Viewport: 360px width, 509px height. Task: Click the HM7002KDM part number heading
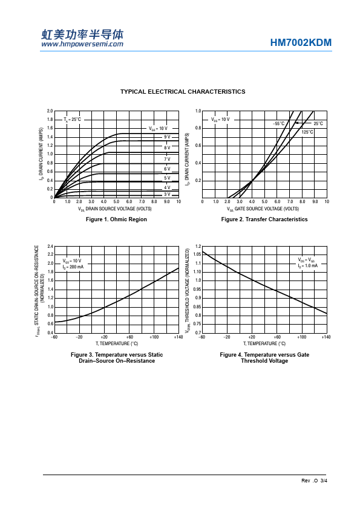pyautogui.click(x=301, y=42)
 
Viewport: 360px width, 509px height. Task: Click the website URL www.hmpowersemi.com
pyautogui.click(x=82, y=44)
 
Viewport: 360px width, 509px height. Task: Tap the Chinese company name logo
pyautogui.click(x=82, y=34)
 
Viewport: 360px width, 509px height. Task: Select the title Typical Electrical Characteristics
pyautogui.click(x=183, y=91)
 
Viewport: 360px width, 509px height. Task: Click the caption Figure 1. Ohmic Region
pyautogui.click(x=116, y=219)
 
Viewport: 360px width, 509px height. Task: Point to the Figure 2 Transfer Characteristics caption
pyautogui.click(x=264, y=219)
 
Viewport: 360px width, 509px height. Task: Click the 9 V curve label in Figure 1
pyautogui.click(x=167, y=137)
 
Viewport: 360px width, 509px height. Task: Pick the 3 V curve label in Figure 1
pyautogui.click(x=167, y=194)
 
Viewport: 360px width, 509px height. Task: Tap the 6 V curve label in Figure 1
pyautogui.click(x=167, y=169)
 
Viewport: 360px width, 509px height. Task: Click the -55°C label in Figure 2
pyautogui.click(x=279, y=123)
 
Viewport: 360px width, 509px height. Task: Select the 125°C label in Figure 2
pyautogui.click(x=307, y=132)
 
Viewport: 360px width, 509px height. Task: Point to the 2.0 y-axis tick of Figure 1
pyautogui.click(x=50, y=111)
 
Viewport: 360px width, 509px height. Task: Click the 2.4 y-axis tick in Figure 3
pyautogui.click(x=50, y=246)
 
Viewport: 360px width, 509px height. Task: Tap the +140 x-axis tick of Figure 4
pyautogui.click(x=326, y=337)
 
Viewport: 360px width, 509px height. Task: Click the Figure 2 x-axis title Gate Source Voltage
pyautogui.click(x=263, y=209)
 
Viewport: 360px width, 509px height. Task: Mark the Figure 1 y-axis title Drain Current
pyautogui.click(x=41, y=154)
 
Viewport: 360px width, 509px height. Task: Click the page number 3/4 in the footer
pyautogui.click(x=324, y=481)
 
